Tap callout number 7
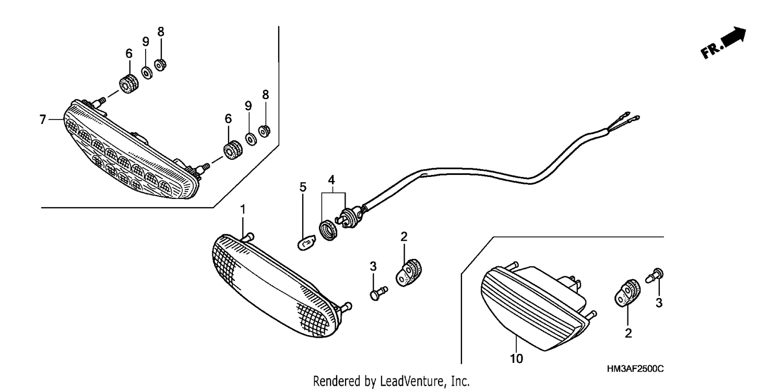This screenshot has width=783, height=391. coord(43,120)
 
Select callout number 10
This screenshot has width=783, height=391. coord(516,359)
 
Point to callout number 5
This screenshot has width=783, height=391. coord(303,187)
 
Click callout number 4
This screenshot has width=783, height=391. coord(331,180)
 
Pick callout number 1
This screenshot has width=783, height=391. coord(243,210)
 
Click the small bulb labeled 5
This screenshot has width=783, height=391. coord(306,243)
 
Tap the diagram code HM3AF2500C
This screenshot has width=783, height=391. coord(635,369)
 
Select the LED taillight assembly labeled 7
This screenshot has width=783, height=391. coord(131,150)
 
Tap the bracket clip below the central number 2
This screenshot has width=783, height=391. coord(409,272)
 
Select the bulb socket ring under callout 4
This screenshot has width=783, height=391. coord(329,230)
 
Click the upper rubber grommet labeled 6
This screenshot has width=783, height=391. coord(129,84)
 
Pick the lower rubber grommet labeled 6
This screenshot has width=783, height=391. coord(233,150)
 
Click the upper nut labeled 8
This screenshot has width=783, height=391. coord(160,65)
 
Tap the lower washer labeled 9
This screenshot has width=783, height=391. coord(251,139)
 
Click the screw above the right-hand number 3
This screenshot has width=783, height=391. coord(655,276)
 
